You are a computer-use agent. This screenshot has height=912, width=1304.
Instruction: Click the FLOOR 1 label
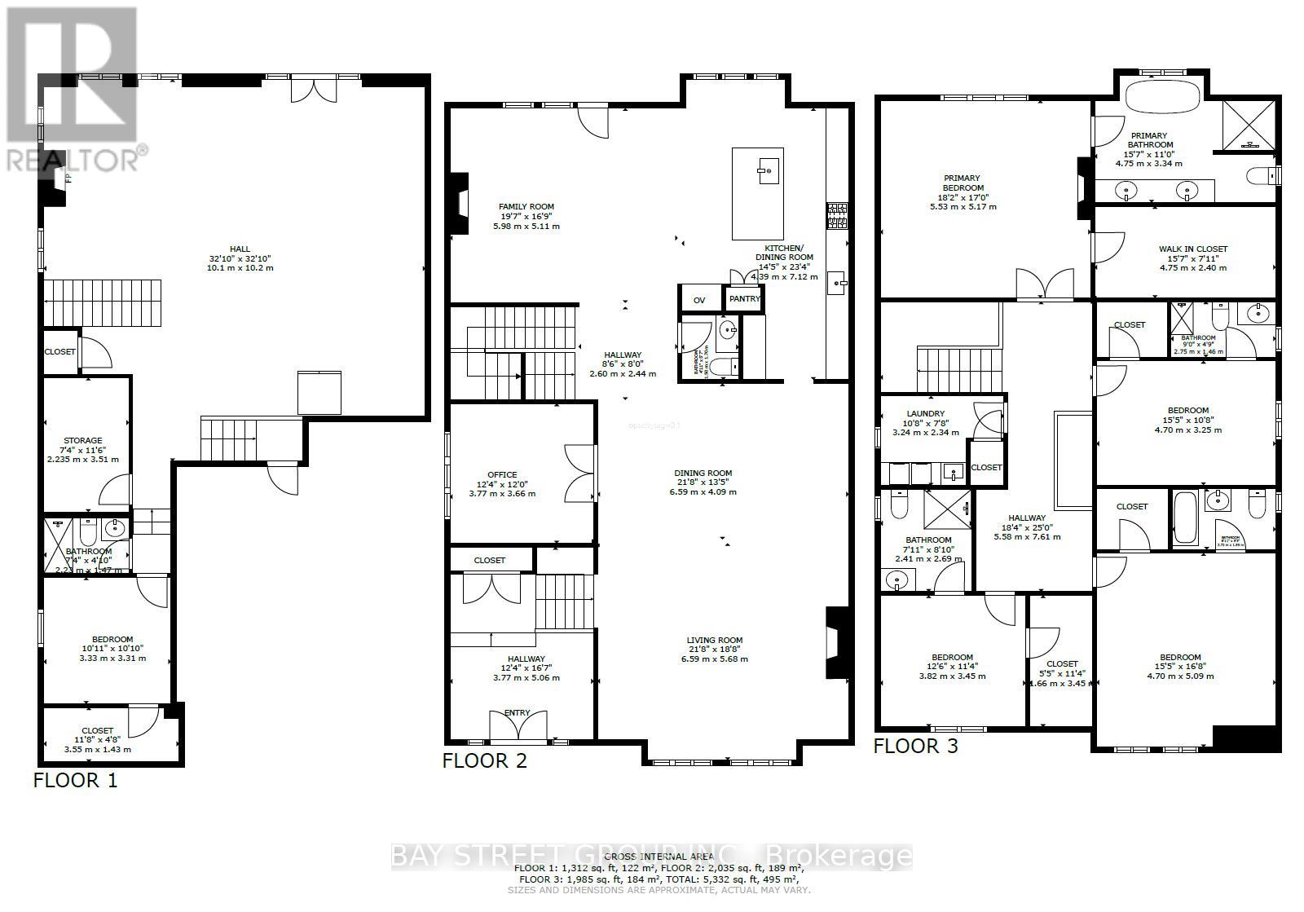coord(75,780)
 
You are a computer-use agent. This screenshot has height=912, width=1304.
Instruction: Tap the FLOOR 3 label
coord(916,745)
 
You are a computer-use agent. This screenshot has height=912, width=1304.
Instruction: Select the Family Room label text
coord(526,207)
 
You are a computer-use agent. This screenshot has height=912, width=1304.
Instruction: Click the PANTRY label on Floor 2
coord(744,299)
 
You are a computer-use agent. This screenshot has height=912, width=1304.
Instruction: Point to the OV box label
coord(699,300)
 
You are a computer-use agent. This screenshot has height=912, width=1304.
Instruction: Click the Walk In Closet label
coord(1192,249)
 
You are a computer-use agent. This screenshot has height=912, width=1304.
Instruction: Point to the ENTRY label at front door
coord(517,712)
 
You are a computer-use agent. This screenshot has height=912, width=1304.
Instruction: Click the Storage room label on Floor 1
coord(83,441)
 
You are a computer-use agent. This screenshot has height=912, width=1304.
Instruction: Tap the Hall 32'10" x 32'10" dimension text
coord(240,258)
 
